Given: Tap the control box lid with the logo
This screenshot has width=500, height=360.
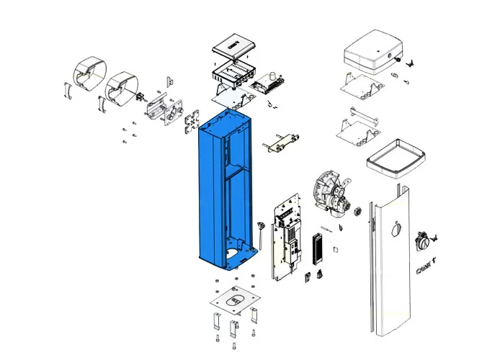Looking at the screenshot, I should pos(231,48).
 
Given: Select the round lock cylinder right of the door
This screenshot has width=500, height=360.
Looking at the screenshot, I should pos(425,240).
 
